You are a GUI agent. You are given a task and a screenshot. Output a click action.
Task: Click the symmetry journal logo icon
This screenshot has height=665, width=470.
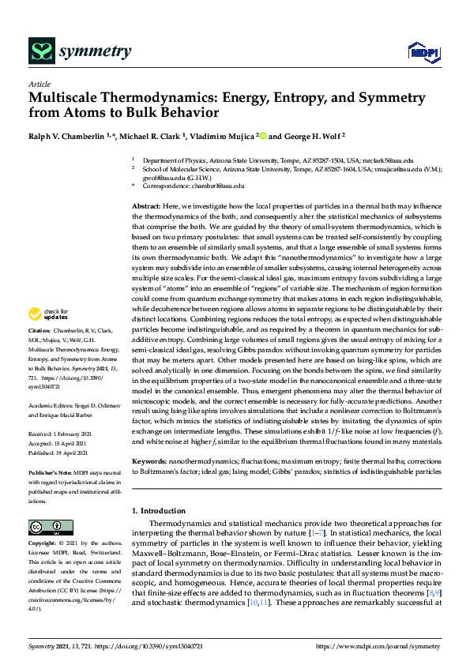[39, 52]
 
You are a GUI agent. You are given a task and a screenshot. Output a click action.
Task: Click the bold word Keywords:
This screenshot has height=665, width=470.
[151, 460]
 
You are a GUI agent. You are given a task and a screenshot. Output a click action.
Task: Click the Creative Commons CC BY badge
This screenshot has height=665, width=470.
[47, 528]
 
